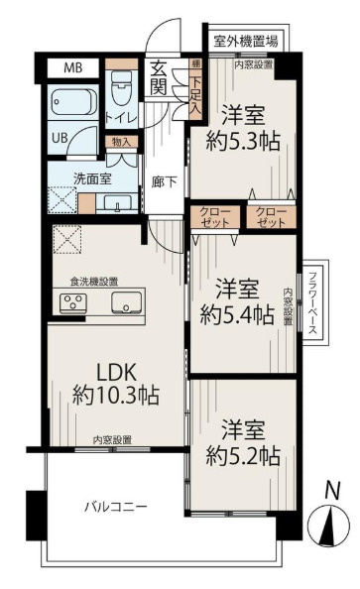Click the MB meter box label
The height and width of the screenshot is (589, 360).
[73, 68]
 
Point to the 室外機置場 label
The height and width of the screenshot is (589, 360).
[244, 41]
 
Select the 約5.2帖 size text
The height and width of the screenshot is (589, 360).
[243, 455]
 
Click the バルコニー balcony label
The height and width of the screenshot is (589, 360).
[115, 507]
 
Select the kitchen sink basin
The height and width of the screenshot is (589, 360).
[125, 302]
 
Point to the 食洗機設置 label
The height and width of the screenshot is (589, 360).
[93, 282]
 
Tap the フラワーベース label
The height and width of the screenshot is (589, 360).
[311, 304]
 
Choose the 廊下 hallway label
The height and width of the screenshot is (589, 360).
[163, 182]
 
